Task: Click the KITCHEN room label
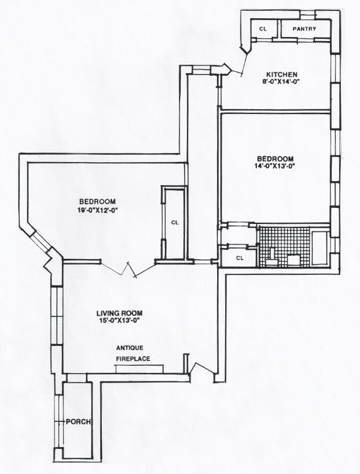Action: click(281, 74)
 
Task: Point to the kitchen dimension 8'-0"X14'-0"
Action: click(281, 82)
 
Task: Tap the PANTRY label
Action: click(304, 28)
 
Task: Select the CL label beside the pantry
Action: click(263, 28)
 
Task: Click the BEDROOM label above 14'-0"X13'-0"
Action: click(275, 159)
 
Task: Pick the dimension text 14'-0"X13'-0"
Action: click(275, 167)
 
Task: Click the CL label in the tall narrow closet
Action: click(174, 221)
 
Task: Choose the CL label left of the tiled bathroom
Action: click(238, 258)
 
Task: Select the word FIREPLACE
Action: click(133, 359)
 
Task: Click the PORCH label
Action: click(78, 421)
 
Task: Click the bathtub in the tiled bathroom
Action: click(319, 249)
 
